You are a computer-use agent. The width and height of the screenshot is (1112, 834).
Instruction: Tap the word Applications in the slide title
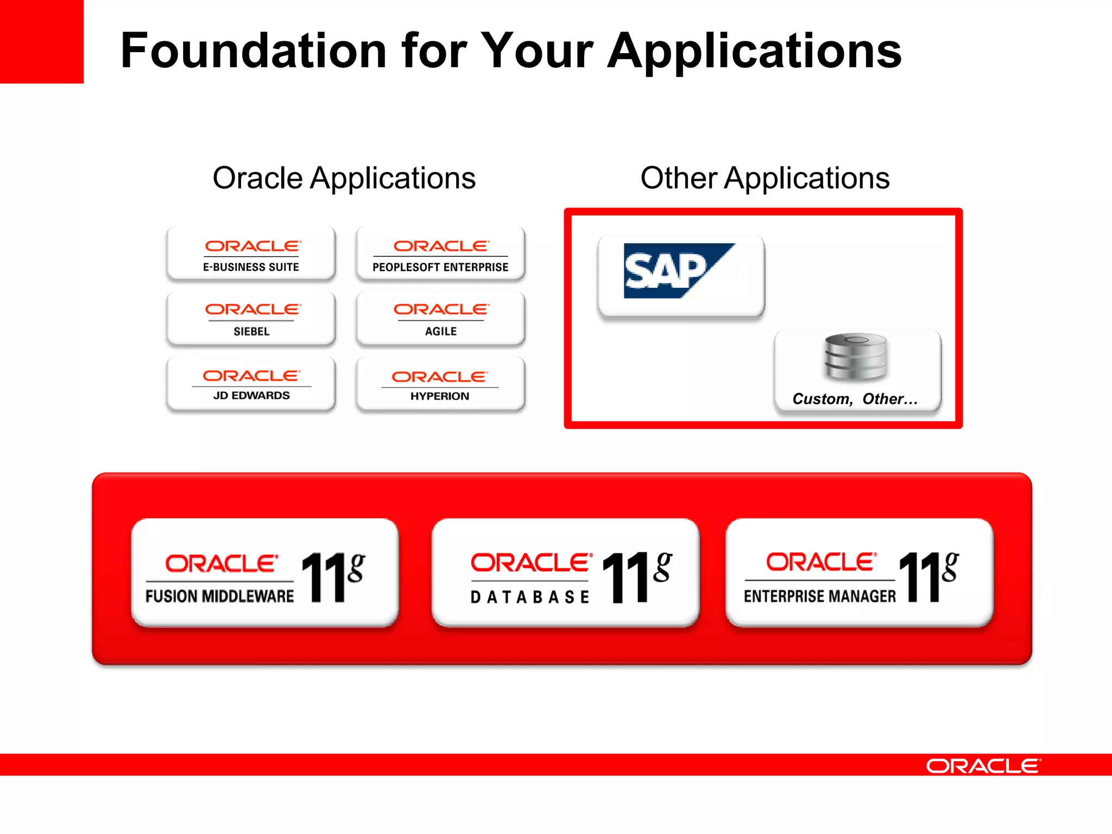click(754, 52)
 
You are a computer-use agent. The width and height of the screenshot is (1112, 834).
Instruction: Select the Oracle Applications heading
click(344, 178)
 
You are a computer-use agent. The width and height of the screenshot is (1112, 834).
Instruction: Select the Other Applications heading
click(764, 178)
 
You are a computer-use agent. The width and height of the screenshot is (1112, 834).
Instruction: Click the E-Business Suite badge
click(251, 254)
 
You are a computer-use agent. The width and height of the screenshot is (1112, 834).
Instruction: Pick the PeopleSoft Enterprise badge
click(440, 254)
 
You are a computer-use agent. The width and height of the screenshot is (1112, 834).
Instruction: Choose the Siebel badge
click(251, 319)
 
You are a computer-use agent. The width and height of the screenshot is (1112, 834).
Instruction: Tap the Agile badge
click(440, 319)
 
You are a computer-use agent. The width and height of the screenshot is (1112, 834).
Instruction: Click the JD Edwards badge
click(251, 384)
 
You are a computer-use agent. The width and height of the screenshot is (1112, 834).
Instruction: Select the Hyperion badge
click(440, 384)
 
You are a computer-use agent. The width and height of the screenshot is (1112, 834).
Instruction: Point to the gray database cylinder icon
click(856, 356)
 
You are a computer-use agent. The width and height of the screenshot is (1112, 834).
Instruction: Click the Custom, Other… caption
click(855, 399)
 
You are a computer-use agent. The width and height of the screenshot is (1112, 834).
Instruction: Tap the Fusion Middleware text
click(219, 596)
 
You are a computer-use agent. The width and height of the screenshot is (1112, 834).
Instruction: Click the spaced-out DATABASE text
click(529, 597)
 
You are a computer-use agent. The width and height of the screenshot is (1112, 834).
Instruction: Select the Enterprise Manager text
click(819, 596)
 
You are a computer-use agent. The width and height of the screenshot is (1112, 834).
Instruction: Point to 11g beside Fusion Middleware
click(333, 577)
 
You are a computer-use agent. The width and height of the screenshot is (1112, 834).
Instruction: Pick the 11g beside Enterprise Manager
click(928, 577)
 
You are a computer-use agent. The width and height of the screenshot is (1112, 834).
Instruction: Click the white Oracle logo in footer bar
click(983, 766)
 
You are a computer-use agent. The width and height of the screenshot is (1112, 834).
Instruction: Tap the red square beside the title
click(41, 41)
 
